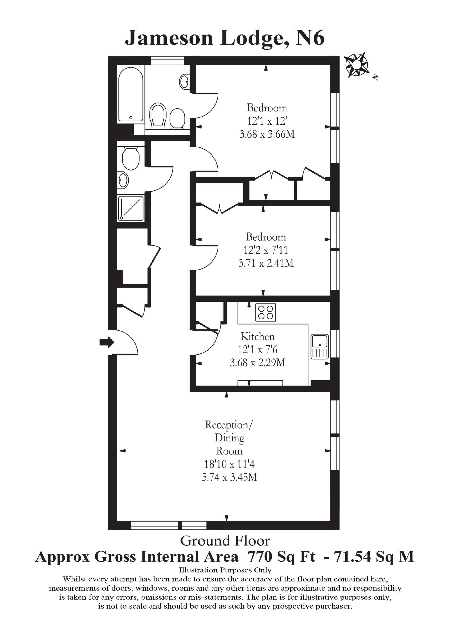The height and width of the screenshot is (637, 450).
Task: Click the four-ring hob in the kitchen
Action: [x=265, y=313]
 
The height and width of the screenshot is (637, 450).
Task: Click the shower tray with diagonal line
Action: [x=131, y=208]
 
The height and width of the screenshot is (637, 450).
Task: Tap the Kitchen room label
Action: [x=257, y=337]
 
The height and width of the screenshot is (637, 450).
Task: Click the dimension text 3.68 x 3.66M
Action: [x=266, y=135]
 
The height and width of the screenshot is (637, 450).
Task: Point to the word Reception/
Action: [x=229, y=425]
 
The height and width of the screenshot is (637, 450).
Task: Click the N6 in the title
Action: [x=310, y=38]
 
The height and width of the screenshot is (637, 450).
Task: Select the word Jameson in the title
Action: [x=169, y=38]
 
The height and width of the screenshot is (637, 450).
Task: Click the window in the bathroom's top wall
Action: [x=167, y=60]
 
